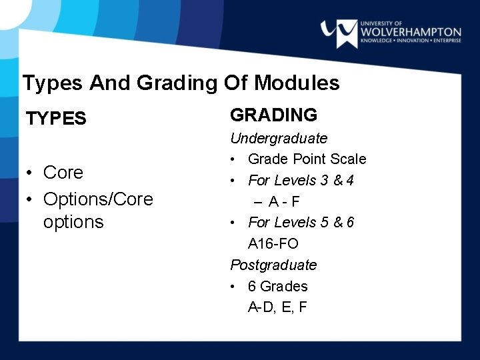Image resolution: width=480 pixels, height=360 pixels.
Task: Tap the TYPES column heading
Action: pyautogui.click(x=56, y=119)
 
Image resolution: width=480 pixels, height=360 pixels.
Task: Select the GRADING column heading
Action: pyautogui.click(x=273, y=115)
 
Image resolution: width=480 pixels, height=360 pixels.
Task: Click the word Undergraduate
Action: pyautogui.click(x=279, y=139)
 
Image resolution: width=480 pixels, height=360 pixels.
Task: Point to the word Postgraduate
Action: pyautogui.click(x=273, y=265)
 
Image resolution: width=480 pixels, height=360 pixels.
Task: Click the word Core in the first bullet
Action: pyautogui.click(x=63, y=172)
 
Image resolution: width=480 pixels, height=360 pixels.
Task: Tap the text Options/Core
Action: pyautogui.click(x=98, y=199)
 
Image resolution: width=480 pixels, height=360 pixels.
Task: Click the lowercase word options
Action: pyautogui.click(x=73, y=221)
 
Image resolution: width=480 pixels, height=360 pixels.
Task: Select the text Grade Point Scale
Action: pyautogui.click(x=307, y=159)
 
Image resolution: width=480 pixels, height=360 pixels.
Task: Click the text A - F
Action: pyautogui.click(x=285, y=201)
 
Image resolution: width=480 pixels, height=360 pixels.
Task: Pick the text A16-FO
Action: pyautogui.click(x=273, y=244)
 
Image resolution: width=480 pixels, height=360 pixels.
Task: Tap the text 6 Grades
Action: pyautogui.click(x=277, y=286)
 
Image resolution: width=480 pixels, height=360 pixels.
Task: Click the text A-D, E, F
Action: pyautogui.click(x=277, y=307)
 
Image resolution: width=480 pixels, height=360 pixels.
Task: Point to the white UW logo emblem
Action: pyautogui.click(x=338, y=31)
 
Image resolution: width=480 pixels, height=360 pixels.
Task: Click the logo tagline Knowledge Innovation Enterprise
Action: pyautogui.click(x=410, y=41)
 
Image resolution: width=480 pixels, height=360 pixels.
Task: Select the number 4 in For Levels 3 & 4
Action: pyautogui.click(x=350, y=181)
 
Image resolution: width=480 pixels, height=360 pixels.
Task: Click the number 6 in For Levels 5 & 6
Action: pyautogui.click(x=350, y=222)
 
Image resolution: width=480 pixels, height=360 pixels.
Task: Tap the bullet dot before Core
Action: pyautogui.click(x=30, y=173)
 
